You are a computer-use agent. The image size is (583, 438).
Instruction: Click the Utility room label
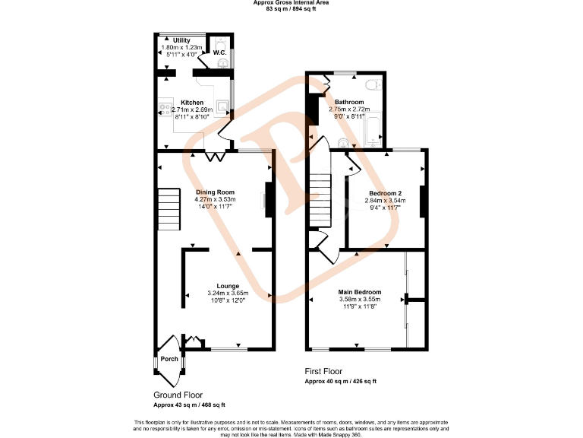(181, 40)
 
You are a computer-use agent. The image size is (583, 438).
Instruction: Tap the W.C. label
(219, 52)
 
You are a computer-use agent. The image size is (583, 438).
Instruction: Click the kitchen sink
(222, 108)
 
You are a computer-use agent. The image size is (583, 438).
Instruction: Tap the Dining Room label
(215, 192)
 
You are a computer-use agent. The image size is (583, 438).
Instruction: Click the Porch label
(169, 359)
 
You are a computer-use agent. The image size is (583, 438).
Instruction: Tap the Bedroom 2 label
(386, 193)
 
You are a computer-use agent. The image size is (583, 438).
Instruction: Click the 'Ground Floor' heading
(178, 395)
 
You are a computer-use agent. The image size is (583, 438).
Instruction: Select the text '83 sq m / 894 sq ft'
(291, 8)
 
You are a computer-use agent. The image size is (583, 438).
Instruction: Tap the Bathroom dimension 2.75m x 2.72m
(349, 109)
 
